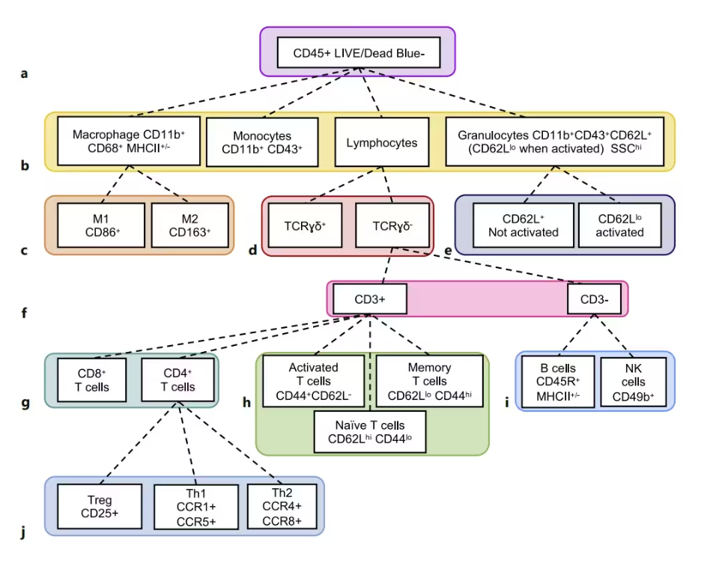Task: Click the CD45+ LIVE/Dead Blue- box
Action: [x=357, y=52]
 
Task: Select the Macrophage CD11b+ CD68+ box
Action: [x=129, y=141]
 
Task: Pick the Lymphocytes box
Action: [x=382, y=141]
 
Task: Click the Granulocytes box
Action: [x=554, y=141]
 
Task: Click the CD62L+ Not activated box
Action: [x=522, y=225]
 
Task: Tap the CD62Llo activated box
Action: [x=620, y=225]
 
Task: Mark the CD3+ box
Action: [x=370, y=298]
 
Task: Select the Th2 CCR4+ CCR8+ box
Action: [x=282, y=507]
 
